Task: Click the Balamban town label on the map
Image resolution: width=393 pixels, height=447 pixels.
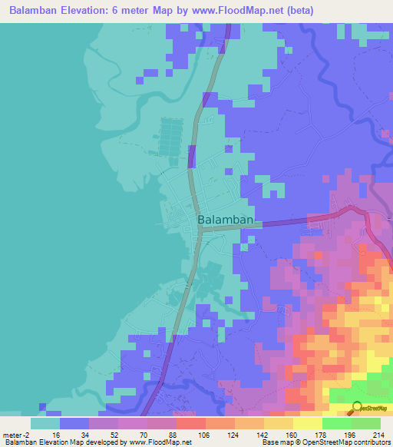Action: [225, 220]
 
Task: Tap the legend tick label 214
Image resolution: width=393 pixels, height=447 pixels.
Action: [379, 434]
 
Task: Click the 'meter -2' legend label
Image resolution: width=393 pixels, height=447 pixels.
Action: [15, 434]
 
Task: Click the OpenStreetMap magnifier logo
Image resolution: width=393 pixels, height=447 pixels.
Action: [357, 409]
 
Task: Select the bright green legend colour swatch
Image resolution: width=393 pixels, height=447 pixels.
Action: [336, 423]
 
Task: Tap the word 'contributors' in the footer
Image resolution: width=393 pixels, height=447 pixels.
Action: [372, 443]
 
